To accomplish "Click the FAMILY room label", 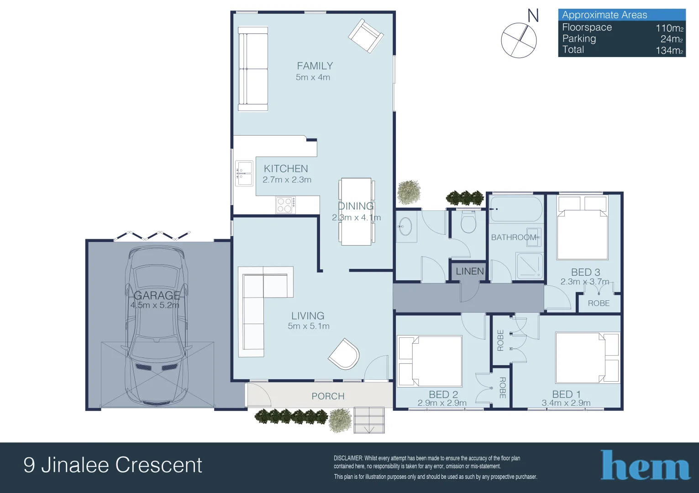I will coord(315,66).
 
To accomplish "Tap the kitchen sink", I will coord(244,173).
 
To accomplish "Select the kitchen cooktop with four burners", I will coord(285,205).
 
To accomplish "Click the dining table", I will coord(356,211).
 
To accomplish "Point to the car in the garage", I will coord(156,326).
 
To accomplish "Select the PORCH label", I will coord(328,396).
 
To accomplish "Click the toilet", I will coord(468,222).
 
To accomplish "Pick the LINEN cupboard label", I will coord(469,271).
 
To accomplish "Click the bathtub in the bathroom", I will coord(516,209).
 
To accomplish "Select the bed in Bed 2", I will coord(431,361).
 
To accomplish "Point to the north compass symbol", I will coord(519,40).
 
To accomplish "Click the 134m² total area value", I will coord(669,50).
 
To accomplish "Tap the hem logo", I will coord(645,466).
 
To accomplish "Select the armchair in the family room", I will coord(365,36).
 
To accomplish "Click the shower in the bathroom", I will coord(529,266).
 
